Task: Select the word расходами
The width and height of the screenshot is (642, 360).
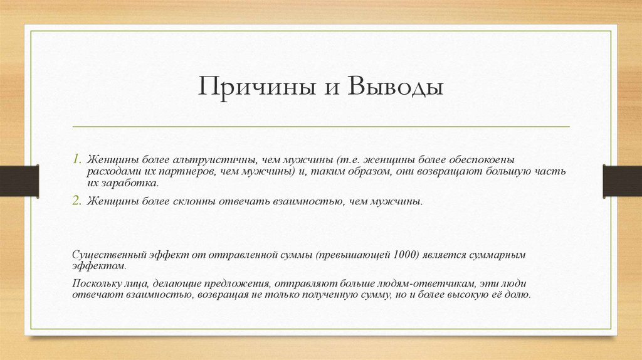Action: (x=110, y=172)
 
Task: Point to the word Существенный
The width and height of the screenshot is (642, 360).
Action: (x=108, y=255)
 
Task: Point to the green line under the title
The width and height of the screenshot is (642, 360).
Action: (x=321, y=127)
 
